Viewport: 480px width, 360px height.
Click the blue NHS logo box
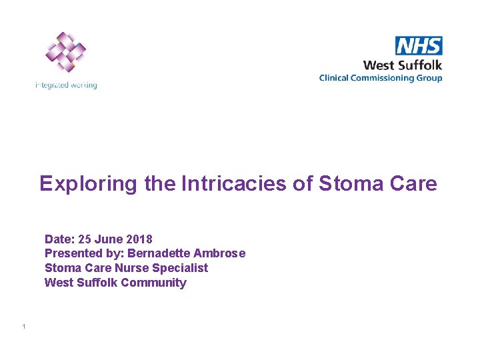tap(419, 45)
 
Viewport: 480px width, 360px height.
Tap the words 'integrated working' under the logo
tap(66, 85)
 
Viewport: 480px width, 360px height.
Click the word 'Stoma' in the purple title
tap(352, 183)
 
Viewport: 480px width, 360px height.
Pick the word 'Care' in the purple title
tap(414, 183)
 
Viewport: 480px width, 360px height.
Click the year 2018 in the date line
tap(139, 239)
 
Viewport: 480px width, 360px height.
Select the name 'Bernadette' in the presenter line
tap(155, 253)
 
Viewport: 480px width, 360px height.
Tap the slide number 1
tap(23, 327)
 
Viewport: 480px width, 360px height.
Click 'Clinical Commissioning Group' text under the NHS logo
tap(380, 78)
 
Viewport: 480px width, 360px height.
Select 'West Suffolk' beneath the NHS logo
tap(402, 65)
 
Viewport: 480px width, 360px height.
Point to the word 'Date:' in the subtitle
tap(59, 239)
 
